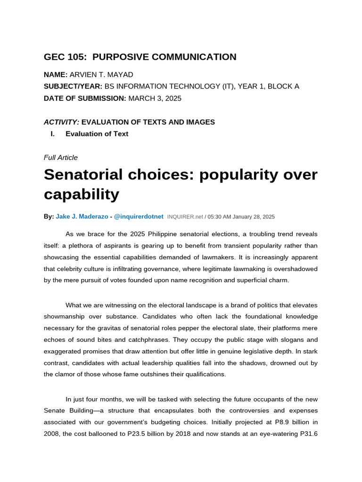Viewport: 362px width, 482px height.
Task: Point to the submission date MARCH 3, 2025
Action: [155, 98]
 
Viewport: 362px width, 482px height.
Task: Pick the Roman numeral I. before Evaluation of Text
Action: [53, 134]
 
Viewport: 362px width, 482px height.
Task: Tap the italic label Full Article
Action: [60, 158]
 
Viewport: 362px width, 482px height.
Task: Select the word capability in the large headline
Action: [81, 194]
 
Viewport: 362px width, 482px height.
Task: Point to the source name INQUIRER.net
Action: [185, 217]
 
